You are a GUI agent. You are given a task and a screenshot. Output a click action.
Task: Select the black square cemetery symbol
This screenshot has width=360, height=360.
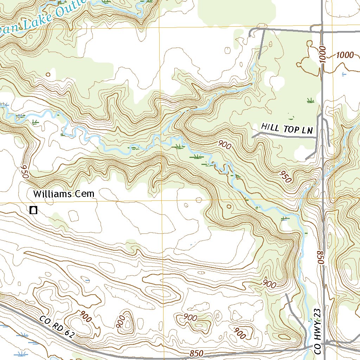pos(34,210)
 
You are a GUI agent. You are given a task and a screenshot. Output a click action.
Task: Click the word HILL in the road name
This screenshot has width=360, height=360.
pos(269,127)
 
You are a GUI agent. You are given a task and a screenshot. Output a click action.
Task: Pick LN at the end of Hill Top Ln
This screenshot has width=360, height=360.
pos(307,131)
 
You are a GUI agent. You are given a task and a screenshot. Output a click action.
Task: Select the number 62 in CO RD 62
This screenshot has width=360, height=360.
pos(69,333)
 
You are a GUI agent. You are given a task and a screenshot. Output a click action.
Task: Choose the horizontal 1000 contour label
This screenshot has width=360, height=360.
pos(345,55)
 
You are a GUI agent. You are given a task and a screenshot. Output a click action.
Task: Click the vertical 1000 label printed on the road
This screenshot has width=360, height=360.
pos(323,55)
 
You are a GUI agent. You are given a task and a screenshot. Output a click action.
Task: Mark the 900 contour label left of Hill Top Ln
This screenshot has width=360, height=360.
pos(224,144)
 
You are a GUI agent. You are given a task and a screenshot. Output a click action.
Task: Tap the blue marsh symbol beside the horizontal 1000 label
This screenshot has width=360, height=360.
pos(344,74)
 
